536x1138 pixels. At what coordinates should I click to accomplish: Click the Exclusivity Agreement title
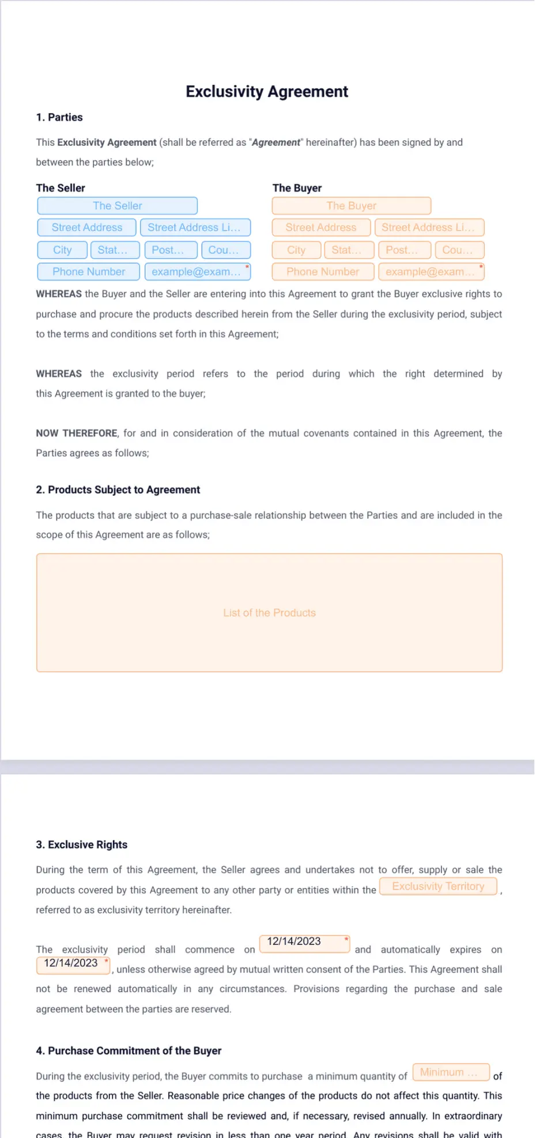(x=267, y=92)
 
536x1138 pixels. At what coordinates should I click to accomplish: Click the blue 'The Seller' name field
(x=118, y=206)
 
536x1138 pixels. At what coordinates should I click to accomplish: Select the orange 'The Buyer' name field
(x=352, y=206)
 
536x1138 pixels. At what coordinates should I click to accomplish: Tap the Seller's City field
(x=62, y=250)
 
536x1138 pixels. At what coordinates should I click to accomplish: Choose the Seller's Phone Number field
(x=89, y=272)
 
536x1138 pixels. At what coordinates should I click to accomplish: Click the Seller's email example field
(x=198, y=272)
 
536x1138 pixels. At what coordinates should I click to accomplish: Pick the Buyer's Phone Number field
(x=323, y=272)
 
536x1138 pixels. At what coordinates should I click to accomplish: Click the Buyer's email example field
(x=431, y=272)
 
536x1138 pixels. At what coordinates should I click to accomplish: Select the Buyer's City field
(x=296, y=250)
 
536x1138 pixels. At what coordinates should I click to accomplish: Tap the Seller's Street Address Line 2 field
(x=195, y=228)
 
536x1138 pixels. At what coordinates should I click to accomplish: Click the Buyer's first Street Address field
(x=321, y=228)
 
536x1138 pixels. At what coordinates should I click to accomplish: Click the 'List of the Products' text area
(x=269, y=613)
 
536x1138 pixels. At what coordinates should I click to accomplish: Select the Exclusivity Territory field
(x=438, y=887)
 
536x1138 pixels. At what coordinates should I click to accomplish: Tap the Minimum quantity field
(x=451, y=1072)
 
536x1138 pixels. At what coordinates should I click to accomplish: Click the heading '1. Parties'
(x=59, y=118)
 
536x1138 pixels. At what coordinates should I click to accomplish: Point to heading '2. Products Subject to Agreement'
(x=118, y=490)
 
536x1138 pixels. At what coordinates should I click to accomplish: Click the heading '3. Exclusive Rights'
(x=82, y=845)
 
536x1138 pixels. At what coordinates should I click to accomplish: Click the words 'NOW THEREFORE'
(x=77, y=434)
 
